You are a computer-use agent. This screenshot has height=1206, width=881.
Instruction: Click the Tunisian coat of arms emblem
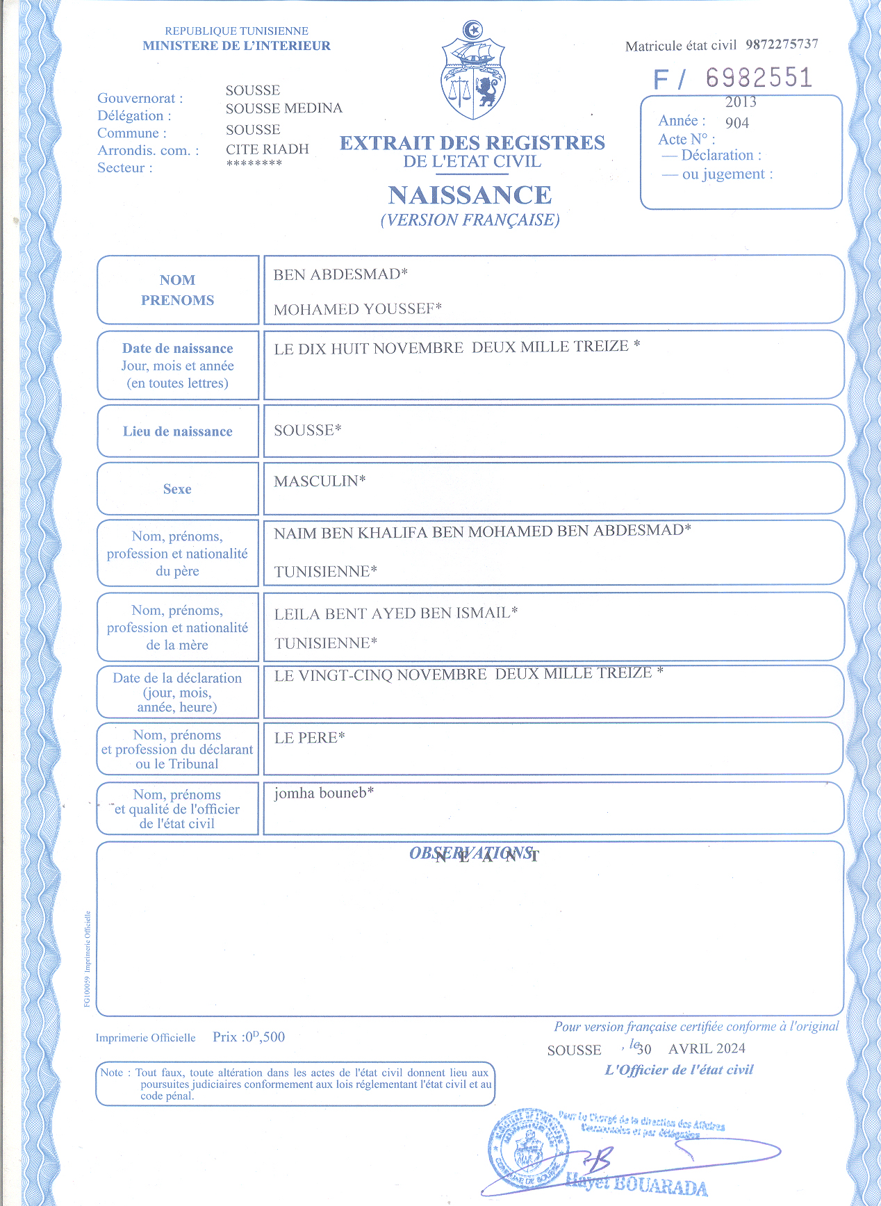[x=472, y=71]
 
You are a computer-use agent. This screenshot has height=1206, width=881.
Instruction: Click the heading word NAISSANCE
[x=470, y=195]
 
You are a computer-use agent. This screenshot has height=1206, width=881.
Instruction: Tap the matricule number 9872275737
[x=782, y=44]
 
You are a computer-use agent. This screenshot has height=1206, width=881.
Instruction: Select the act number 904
[x=737, y=123]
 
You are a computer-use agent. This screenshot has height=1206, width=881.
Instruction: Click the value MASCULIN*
[x=320, y=481]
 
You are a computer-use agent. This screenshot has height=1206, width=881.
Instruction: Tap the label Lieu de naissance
[x=178, y=431]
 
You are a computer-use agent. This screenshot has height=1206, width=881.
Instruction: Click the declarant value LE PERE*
[x=309, y=738]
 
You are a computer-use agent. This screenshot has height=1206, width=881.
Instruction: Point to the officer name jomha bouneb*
[x=324, y=793]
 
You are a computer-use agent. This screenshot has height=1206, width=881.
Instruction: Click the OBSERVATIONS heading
[x=471, y=853]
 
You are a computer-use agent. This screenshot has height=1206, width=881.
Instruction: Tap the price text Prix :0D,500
[x=249, y=1037]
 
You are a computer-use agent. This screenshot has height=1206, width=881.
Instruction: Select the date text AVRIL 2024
[x=707, y=1048]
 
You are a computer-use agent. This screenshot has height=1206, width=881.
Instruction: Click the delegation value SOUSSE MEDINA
[x=283, y=108]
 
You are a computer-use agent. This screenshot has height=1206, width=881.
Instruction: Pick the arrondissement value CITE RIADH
[x=267, y=149]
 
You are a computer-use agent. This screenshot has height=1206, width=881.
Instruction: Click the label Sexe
[x=177, y=489]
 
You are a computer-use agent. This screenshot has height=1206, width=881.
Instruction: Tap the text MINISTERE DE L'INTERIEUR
[x=236, y=46]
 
